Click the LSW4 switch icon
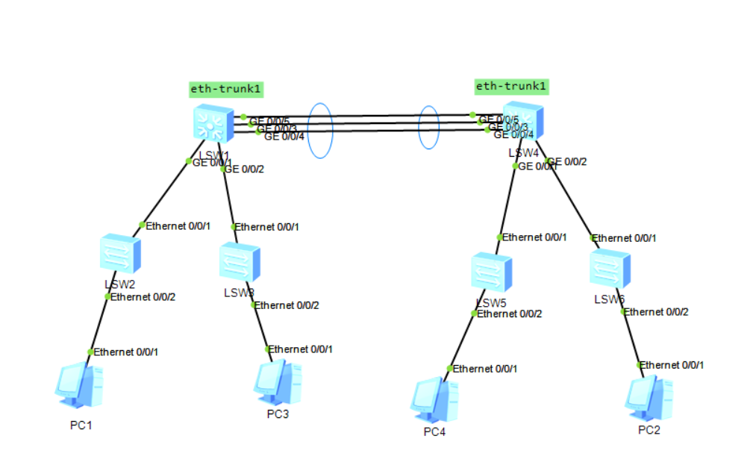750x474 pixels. pos(523,122)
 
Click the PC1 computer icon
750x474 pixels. pos(78,385)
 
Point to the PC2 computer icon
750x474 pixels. pos(649,396)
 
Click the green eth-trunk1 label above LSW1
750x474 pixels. pos(226,90)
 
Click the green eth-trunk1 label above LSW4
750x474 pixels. pos(512,87)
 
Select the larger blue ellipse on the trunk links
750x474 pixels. pos(320,131)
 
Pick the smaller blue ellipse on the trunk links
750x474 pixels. pos(428,127)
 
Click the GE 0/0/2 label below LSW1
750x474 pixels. pos(245,169)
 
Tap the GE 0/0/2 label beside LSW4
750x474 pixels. pos(569,162)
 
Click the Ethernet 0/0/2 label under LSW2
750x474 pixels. pos(143,297)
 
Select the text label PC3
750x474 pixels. pos(278,415)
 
